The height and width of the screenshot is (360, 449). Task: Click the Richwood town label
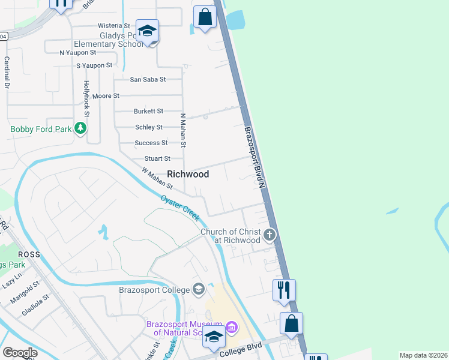(x=188, y=174)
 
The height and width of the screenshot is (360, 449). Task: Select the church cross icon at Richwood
(x=270, y=235)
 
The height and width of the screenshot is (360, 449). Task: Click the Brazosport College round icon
(x=199, y=290)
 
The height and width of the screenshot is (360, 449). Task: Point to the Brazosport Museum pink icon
(x=232, y=328)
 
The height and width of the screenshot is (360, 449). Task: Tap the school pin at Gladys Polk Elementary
(x=147, y=31)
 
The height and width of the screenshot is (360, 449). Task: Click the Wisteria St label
(x=114, y=26)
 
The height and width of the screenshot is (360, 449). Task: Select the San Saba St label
(x=148, y=79)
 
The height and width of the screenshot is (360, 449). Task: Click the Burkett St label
(x=148, y=111)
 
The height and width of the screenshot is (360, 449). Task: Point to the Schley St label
(x=149, y=127)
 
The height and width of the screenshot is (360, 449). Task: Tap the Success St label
(x=151, y=143)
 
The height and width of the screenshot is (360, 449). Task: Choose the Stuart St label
(x=157, y=158)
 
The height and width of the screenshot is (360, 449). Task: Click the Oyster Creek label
(x=180, y=208)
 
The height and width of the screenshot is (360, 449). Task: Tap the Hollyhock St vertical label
(x=86, y=98)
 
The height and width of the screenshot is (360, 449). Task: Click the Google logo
(x=20, y=353)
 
